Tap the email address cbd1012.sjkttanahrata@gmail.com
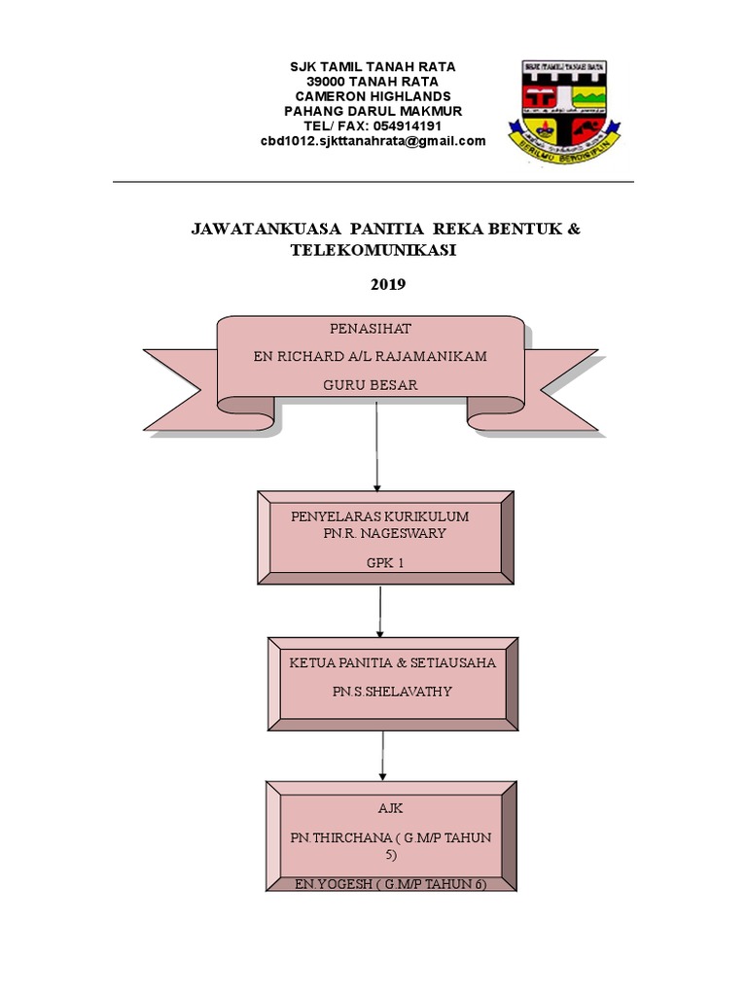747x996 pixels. click(373, 141)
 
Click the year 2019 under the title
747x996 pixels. click(387, 285)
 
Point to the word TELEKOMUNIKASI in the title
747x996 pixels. click(373, 250)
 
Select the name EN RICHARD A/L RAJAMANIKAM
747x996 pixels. click(370, 357)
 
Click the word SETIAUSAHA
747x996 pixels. click(453, 662)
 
